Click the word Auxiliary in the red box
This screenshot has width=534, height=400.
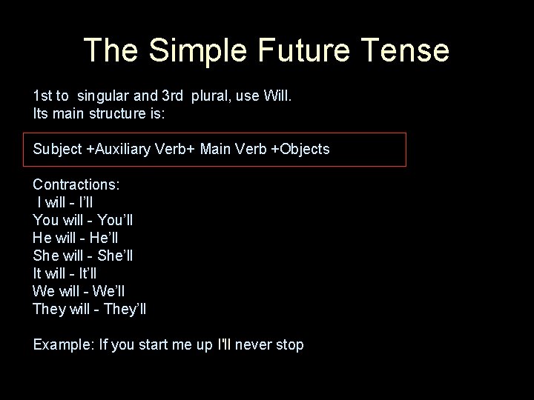(x=125, y=150)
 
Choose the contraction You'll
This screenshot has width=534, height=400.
(x=115, y=220)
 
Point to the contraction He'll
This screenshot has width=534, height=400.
(x=104, y=238)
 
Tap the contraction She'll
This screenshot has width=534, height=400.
(x=115, y=256)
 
